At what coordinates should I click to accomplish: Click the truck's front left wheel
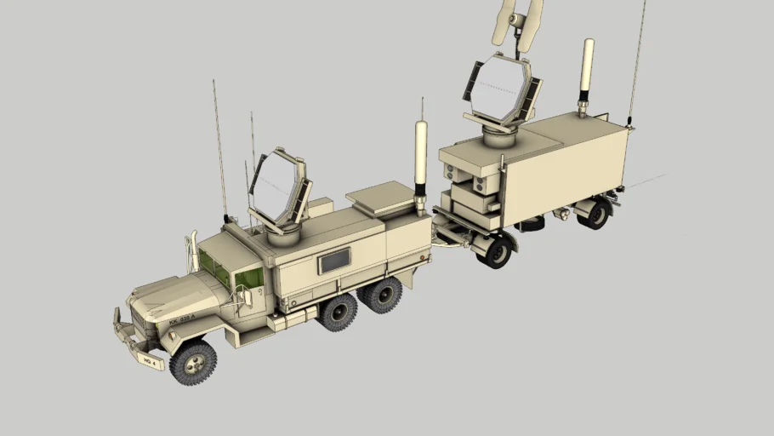tap(193, 363)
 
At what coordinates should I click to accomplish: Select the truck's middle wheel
tap(339, 311)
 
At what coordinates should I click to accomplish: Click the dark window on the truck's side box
tap(334, 261)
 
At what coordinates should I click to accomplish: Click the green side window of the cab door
tap(250, 278)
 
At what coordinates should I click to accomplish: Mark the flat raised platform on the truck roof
tap(379, 197)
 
